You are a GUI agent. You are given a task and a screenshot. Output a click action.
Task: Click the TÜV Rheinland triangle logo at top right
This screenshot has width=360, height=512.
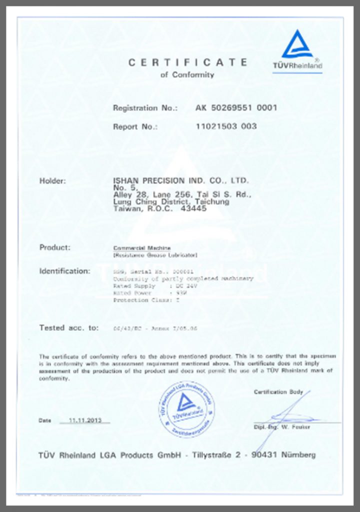(x=297, y=46)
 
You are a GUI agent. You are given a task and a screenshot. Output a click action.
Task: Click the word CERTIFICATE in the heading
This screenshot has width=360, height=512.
(x=187, y=62)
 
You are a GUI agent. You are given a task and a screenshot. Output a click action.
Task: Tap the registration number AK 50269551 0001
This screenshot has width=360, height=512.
(x=236, y=107)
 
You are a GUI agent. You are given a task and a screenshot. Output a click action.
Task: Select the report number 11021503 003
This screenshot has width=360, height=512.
(x=226, y=126)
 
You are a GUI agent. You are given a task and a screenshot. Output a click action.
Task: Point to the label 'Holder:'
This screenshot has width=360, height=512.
(x=52, y=180)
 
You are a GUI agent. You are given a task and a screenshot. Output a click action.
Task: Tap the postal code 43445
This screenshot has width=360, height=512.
(x=193, y=209)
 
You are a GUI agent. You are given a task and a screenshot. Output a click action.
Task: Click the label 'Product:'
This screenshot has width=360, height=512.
(x=55, y=247)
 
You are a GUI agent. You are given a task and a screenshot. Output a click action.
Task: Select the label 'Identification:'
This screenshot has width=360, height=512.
(x=64, y=271)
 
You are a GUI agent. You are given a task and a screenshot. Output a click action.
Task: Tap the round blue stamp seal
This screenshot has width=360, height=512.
(x=186, y=409)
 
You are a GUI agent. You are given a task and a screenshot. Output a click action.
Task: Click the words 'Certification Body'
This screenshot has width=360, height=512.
(x=278, y=392)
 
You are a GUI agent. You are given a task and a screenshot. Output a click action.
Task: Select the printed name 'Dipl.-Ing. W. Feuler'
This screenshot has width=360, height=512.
(x=281, y=427)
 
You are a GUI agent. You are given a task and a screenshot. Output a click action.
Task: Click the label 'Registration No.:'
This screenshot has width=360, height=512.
(x=145, y=107)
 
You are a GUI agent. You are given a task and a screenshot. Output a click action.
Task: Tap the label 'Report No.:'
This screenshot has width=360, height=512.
(x=135, y=126)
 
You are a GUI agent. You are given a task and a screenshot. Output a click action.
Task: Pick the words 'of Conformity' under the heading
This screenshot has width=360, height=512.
(x=187, y=75)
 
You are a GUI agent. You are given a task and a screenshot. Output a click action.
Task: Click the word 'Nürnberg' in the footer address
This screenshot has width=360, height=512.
(x=298, y=455)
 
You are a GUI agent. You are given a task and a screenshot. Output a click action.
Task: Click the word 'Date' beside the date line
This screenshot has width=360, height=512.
(x=45, y=420)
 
